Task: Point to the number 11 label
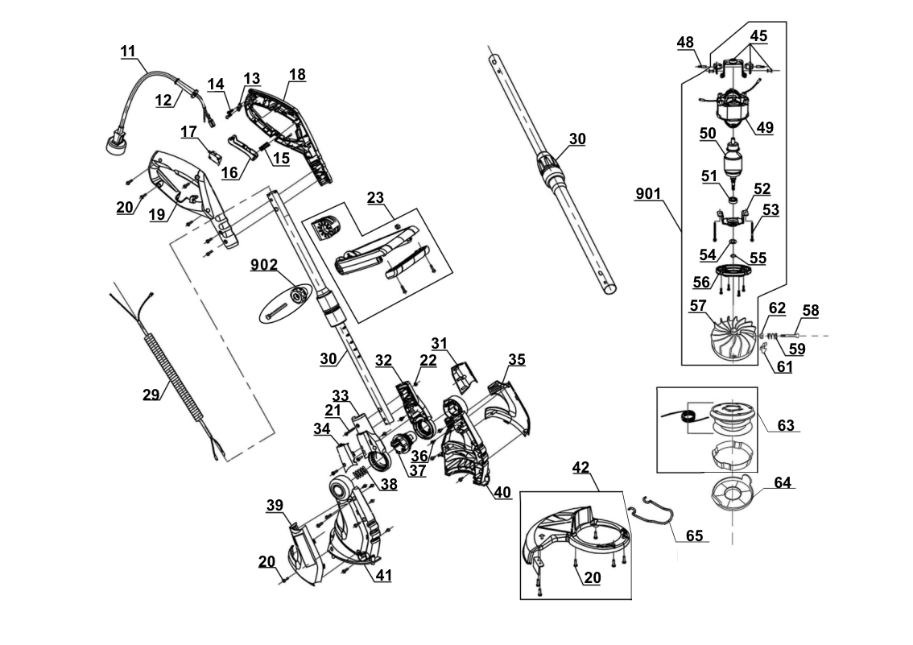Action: pos(128,52)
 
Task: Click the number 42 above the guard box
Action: pos(581,466)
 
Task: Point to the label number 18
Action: pos(297,74)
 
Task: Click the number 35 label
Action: pos(516,360)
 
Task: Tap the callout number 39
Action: pos(275,505)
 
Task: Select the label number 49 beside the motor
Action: pos(764,127)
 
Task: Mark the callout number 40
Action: pos(502,492)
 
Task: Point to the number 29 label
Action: pos(151,395)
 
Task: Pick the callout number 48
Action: pos(685,41)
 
